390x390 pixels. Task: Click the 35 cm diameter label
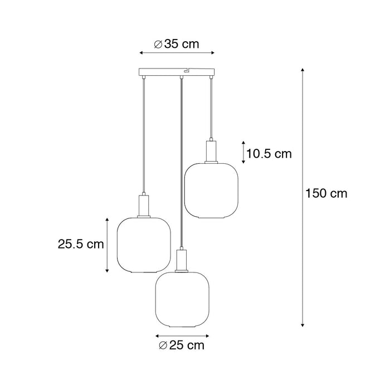[x=176, y=43]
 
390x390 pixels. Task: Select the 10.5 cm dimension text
[x=270, y=154]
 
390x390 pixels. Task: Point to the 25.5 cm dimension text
[x=81, y=243]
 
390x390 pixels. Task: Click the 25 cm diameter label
[x=182, y=346]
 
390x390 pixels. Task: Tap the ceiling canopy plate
[x=176, y=73]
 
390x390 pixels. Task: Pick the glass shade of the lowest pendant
[x=181, y=301]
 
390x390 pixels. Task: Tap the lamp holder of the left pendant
[x=142, y=204]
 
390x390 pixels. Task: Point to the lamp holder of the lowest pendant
[x=181, y=260]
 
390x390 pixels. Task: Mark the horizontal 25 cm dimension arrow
[x=182, y=336]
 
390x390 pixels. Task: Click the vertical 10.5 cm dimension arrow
[x=243, y=152]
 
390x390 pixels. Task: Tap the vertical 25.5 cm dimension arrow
[x=107, y=245]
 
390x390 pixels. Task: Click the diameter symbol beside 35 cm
[x=158, y=43]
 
